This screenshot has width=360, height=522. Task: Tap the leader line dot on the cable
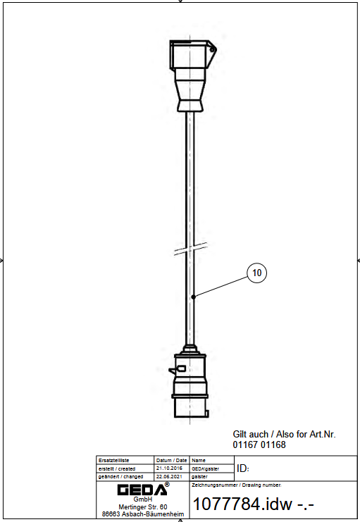click(x=194, y=297)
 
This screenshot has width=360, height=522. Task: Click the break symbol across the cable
click(x=190, y=249)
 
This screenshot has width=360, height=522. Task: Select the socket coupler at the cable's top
click(x=192, y=76)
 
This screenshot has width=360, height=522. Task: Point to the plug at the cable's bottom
click(x=189, y=382)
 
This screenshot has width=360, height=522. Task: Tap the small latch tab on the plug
click(x=177, y=370)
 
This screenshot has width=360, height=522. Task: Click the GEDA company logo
click(x=142, y=490)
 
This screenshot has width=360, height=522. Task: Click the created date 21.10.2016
click(x=169, y=468)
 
